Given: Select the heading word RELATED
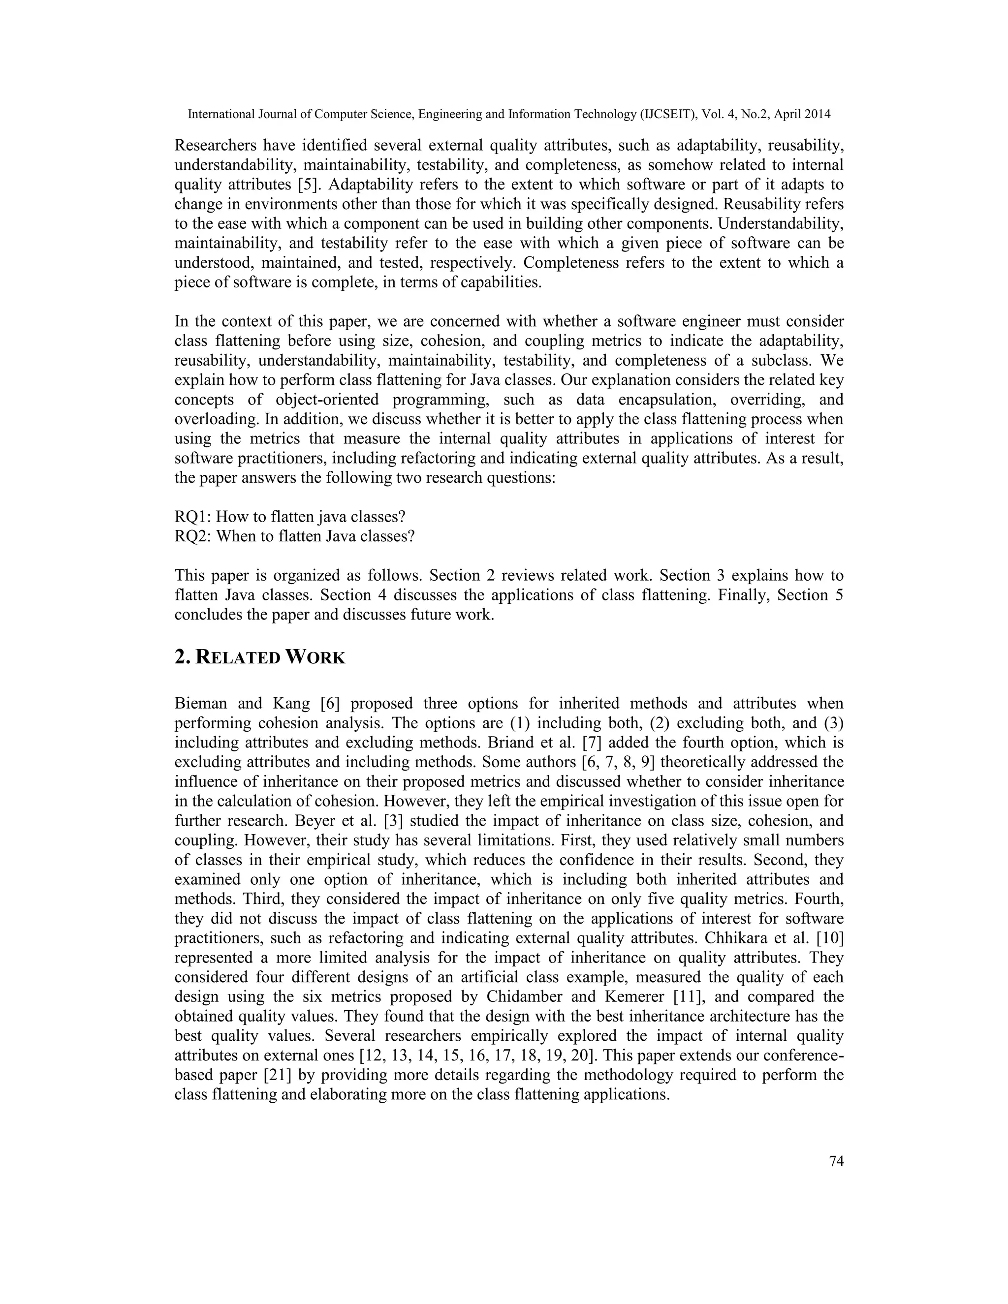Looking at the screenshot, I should coord(238,658).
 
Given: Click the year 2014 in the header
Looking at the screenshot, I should coord(818,114).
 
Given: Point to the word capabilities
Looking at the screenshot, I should coord(501,282).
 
